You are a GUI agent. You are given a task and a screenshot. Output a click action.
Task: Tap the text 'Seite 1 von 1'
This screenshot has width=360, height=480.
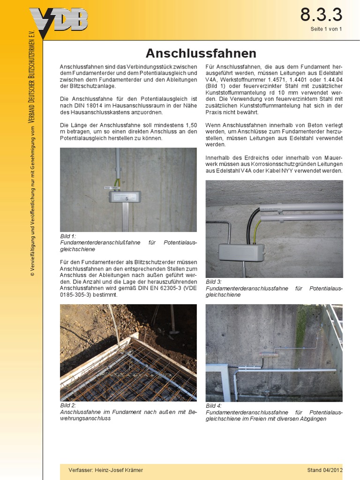(x=326, y=29)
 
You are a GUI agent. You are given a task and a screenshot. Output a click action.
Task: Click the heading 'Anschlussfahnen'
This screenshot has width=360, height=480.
(x=201, y=52)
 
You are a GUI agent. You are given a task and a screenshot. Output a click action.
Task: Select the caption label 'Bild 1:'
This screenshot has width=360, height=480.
(x=68, y=236)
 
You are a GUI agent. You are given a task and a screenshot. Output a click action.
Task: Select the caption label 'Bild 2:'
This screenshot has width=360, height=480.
(x=68, y=405)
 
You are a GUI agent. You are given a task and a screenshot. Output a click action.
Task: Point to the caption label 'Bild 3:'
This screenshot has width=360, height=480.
(x=214, y=282)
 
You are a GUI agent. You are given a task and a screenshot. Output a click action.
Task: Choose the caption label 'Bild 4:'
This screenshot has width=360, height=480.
(x=214, y=405)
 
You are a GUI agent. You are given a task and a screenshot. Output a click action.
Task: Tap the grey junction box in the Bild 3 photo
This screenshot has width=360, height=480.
(x=241, y=252)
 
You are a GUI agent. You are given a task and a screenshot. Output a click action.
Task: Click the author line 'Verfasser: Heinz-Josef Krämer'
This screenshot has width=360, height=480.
(x=105, y=470)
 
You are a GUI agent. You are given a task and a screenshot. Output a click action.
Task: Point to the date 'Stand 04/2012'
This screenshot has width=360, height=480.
(x=325, y=470)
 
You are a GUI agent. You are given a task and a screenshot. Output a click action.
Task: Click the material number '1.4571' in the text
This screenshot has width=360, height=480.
(x=278, y=80)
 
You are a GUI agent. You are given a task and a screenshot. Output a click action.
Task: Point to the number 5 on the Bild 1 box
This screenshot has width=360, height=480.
(x=127, y=199)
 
